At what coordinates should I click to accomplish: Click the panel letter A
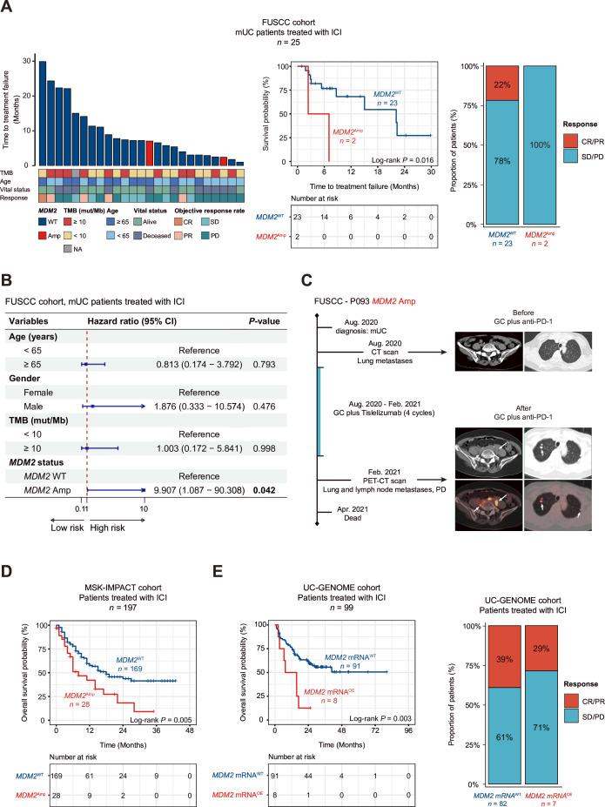(8, 8)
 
